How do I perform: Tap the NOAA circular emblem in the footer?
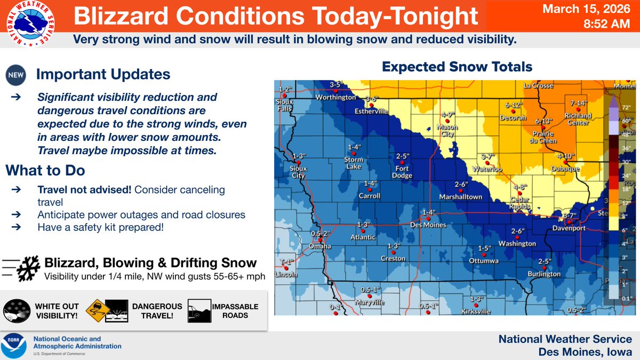tap(14, 346)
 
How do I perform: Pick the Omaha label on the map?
tap(320, 246)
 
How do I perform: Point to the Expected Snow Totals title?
tap(457, 67)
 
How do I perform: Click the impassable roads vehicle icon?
tap(198, 310)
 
